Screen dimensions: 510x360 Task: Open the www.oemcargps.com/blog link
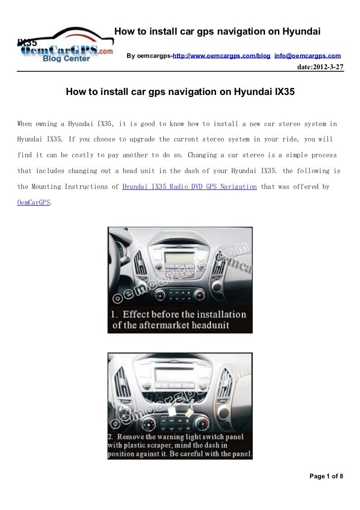point(222,56)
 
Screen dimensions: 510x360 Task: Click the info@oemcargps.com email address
point(307,56)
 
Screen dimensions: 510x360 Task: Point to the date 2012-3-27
point(319,66)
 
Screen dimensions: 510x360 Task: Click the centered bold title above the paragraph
point(180,92)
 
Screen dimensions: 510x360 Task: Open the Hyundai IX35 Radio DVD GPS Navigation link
point(189,187)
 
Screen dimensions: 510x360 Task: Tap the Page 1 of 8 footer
point(326,476)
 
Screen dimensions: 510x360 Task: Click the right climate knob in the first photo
point(200,295)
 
